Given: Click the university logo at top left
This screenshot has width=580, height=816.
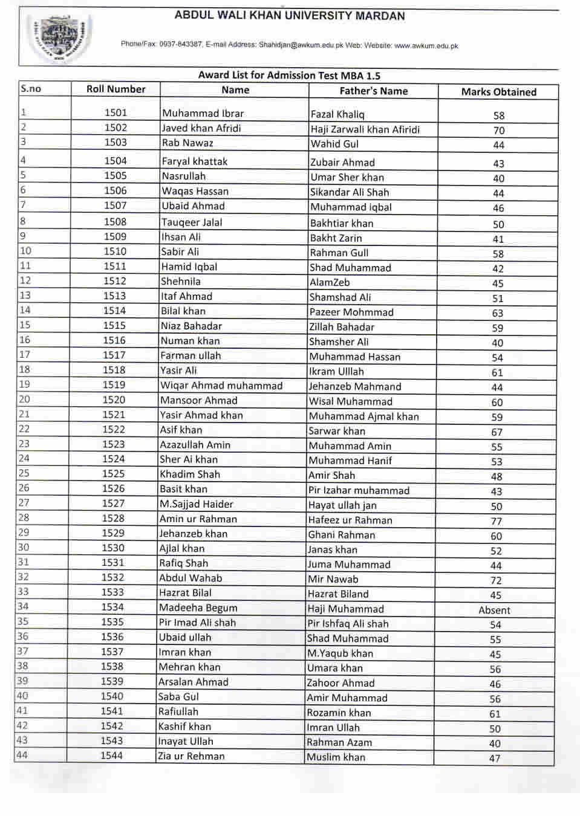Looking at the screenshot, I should coord(59,36).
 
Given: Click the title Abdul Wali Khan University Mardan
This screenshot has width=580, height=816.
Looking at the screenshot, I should coord(290,16).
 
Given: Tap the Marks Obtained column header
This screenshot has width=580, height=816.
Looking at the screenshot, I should coord(498,92).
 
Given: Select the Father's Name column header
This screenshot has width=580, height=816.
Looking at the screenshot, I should coord(373,91).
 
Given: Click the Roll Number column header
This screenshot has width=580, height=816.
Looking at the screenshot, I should coord(116,89).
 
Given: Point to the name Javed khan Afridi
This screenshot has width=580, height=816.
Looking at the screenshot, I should coord(201,128).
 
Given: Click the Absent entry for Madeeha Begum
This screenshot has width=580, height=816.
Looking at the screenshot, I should coord(494,610).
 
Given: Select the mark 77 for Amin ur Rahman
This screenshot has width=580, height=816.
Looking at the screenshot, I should coord(496,521).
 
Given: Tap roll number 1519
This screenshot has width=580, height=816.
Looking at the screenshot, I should coord(114,385).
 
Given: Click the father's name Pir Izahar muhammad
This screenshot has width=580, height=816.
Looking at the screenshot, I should coord(359,491).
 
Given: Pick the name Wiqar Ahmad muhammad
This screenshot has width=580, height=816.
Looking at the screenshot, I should coord(221,386).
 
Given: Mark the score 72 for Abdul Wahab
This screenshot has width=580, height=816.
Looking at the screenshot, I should coord(496,580).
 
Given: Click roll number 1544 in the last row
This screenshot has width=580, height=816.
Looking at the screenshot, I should coord(111,756).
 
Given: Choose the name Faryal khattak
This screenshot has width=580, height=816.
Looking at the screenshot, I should coord(194,161).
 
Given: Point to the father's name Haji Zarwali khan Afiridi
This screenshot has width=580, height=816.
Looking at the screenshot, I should coord(365,129).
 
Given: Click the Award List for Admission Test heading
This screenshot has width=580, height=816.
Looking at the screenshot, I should coord(289,76).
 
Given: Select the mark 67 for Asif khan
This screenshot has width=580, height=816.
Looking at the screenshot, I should coord(497,432).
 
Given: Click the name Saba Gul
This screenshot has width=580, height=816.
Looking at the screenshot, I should coord(178,697).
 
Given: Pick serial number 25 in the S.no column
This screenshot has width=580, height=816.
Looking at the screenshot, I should coord(24,473).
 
